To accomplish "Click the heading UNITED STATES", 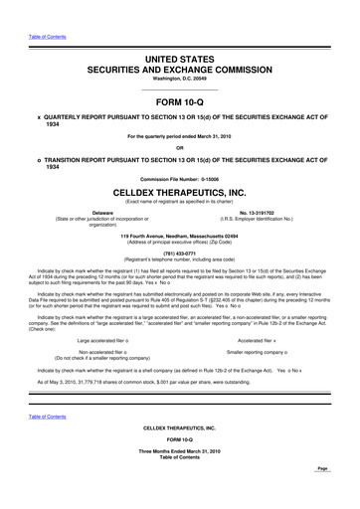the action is click(180, 60).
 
